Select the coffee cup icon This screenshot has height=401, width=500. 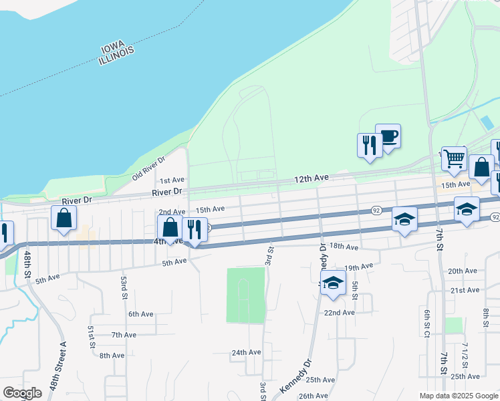388,137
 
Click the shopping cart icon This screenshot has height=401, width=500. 454,159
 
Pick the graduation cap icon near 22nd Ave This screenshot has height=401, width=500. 333,283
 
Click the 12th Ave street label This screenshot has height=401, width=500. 313,178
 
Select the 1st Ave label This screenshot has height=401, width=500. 172,180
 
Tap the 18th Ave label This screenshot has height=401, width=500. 345,247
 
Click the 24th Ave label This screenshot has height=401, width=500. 246,352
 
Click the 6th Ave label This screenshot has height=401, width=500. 141,313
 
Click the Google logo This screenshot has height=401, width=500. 22,393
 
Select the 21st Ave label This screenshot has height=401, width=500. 465,290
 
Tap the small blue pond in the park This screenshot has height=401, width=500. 488,123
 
